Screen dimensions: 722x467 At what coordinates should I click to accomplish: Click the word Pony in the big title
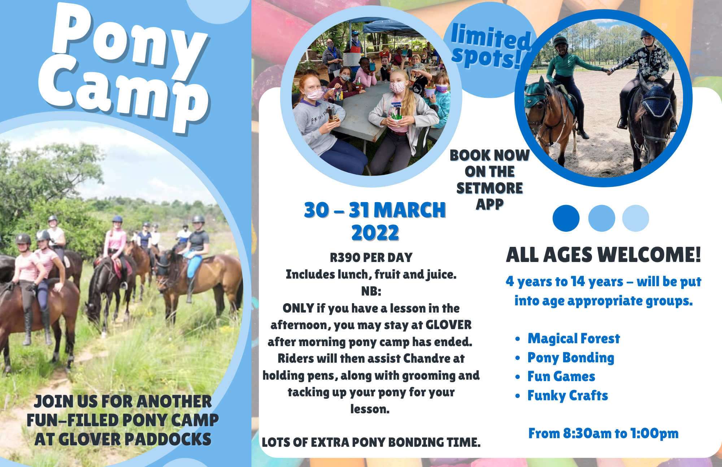(130, 40)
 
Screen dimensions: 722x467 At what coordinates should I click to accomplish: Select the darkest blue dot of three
(566, 218)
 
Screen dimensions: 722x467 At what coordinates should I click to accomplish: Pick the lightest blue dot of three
(636, 218)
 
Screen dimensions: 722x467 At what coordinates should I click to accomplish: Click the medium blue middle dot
(601, 218)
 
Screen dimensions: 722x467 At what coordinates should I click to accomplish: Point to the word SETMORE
(490, 188)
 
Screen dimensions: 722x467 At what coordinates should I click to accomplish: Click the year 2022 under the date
(375, 233)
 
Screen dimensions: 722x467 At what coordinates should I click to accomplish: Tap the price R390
(345, 257)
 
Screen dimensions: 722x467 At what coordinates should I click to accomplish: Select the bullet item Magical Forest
(574, 339)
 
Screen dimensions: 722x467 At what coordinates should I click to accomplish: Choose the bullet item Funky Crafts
(567, 396)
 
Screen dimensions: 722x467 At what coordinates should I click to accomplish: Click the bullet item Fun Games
(561, 376)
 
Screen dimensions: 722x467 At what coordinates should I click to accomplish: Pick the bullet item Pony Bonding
(571, 358)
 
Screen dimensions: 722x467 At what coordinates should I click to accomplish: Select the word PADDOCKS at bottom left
(168, 439)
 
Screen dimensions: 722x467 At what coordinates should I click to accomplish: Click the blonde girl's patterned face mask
(398, 87)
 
